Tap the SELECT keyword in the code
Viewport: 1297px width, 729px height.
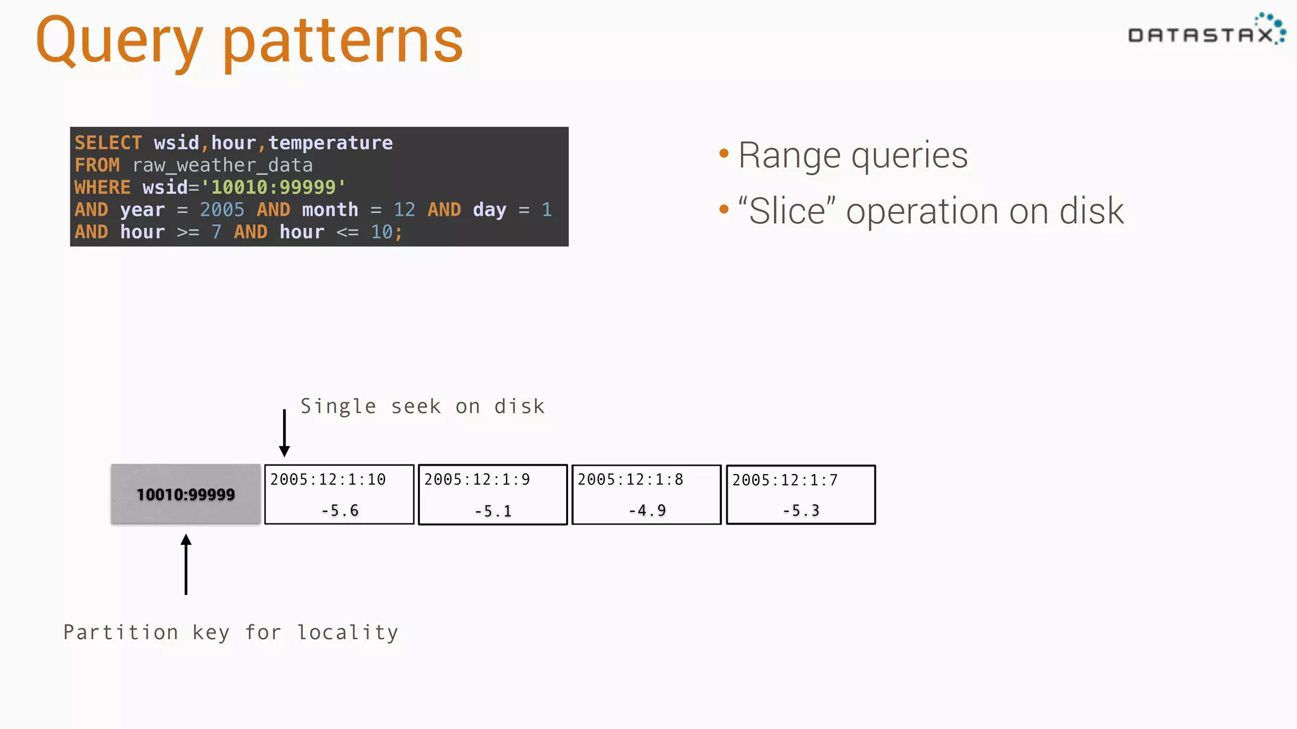[x=108, y=143]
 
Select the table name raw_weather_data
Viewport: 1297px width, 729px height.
[x=222, y=165]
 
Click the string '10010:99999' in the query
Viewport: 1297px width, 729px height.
[x=274, y=187]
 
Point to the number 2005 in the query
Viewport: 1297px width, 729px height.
[x=222, y=209]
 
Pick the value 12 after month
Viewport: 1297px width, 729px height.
[x=404, y=209]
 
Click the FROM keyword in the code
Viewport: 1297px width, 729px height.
[x=97, y=165]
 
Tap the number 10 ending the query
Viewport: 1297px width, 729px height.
[x=382, y=232]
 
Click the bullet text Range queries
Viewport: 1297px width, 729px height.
[x=852, y=156]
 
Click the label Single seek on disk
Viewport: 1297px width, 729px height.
[x=422, y=406]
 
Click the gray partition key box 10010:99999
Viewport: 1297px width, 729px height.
[x=186, y=494]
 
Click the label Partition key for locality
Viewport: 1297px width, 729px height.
[x=231, y=632]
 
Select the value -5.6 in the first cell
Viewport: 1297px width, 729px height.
[x=339, y=510]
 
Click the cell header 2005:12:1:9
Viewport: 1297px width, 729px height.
[x=477, y=480]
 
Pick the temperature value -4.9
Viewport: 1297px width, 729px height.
[x=647, y=510]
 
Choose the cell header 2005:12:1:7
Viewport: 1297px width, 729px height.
[x=785, y=480]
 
